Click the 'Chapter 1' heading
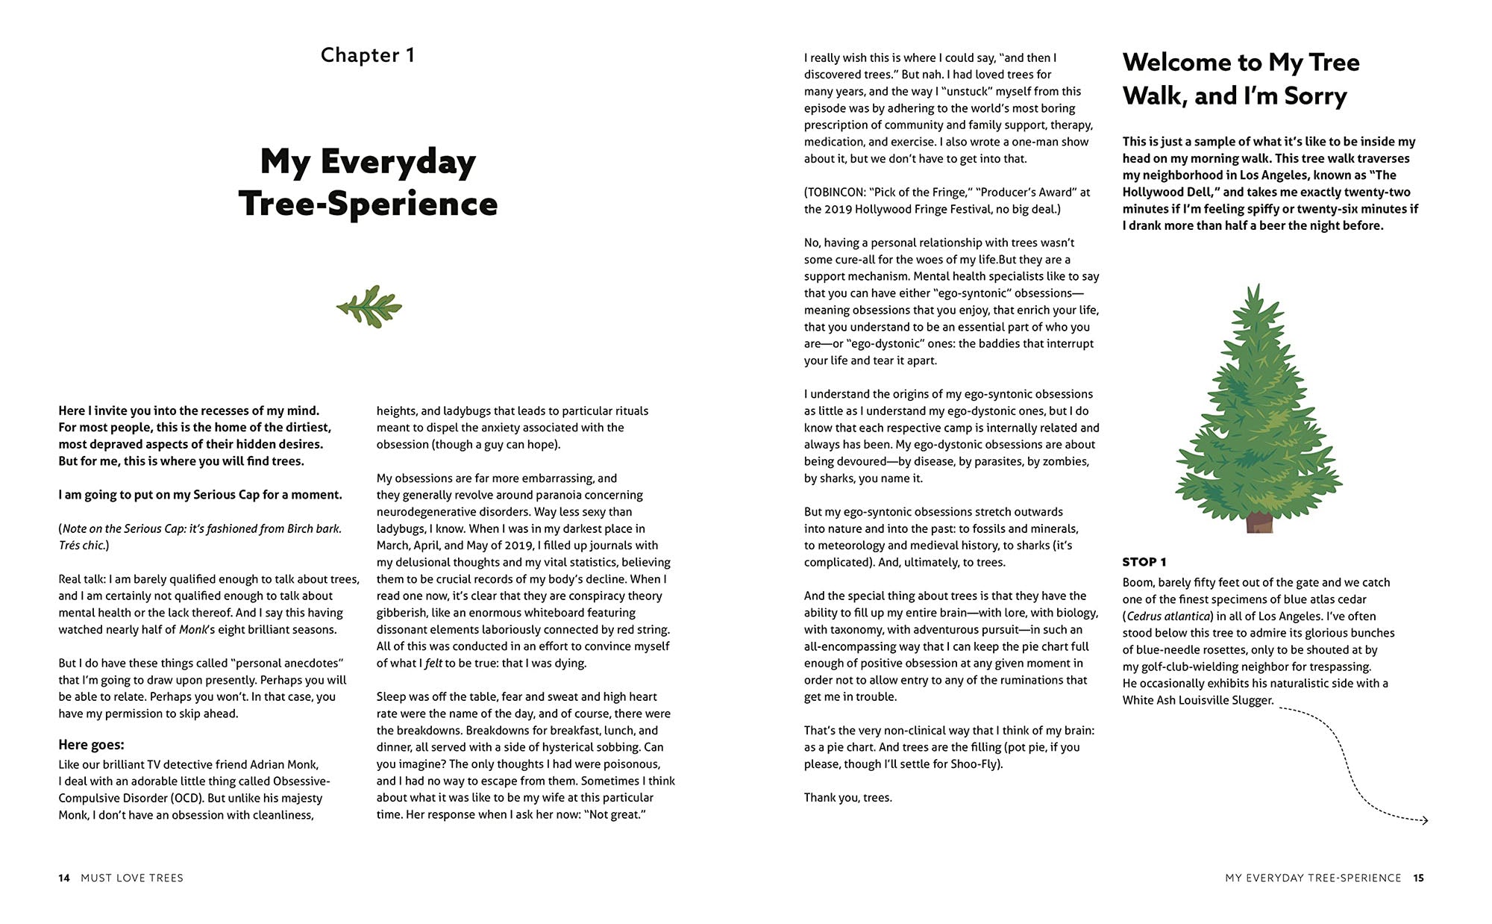[x=367, y=55]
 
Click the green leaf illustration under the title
[x=369, y=307]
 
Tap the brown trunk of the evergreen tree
[x=1259, y=522]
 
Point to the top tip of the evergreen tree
[x=1258, y=287]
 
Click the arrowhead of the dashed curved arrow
[x=1424, y=820]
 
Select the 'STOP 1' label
[x=1144, y=562]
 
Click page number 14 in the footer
[x=64, y=878]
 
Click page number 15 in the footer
[x=1418, y=878]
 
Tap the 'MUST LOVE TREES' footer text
[x=132, y=878]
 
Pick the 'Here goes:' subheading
[x=91, y=745]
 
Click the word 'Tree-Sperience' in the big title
[x=368, y=204]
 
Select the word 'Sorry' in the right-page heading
[x=1315, y=96]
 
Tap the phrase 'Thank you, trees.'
[x=847, y=798]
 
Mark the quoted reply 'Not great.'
[x=617, y=814]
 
